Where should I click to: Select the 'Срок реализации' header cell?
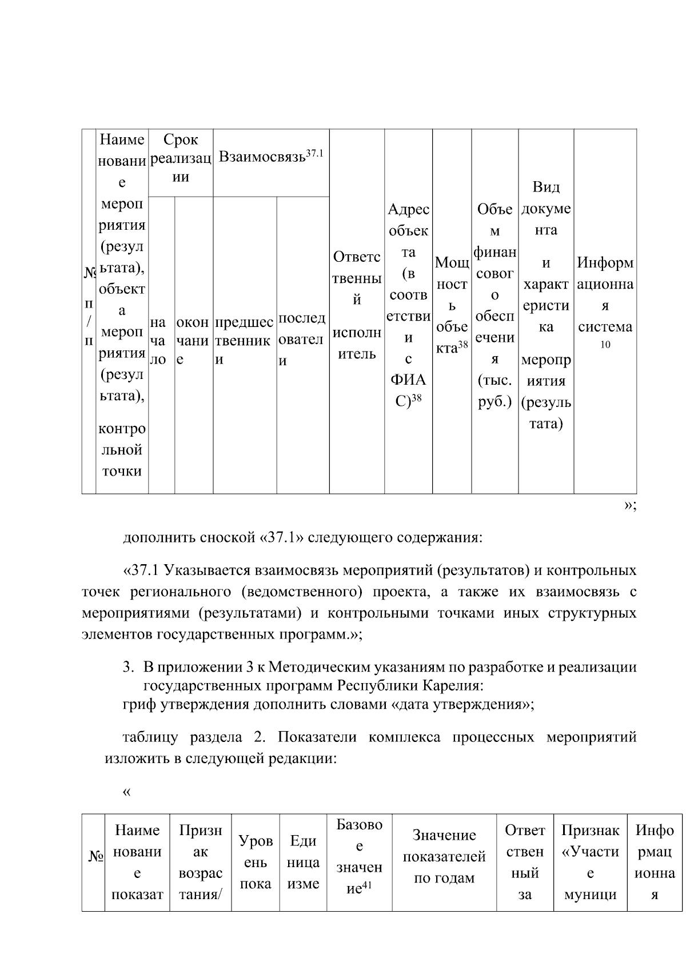[x=181, y=158]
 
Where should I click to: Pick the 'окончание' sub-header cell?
[x=193, y=341]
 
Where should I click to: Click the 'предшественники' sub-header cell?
[x=244, y=341]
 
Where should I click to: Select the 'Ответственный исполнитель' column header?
[x=357, y=305]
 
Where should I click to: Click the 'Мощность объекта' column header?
[x=452, y=305]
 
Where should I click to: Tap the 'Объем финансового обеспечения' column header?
[x=495, y=305]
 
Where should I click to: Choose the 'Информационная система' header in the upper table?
[x=605, y=295]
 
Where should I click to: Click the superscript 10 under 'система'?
[x=605, y=345]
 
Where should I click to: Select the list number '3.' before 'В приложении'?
[x=129, y=667]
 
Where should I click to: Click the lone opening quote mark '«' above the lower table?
[x=126, y=792]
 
